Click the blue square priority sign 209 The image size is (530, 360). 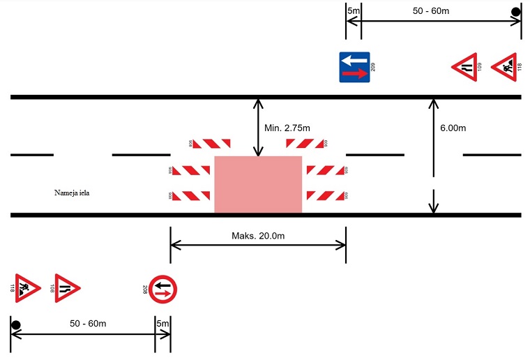pos(355,67)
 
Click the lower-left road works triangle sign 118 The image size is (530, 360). pos(26,287)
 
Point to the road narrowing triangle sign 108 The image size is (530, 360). pos(66,287)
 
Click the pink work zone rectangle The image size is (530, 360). pos(258,184)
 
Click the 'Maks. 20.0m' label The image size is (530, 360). pos(258,236)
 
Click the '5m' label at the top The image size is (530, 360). pos(353,10)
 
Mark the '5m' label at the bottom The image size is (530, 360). pos(162,324)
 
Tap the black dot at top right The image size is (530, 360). pos(516,11)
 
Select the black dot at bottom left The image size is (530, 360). pos(15,325)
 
